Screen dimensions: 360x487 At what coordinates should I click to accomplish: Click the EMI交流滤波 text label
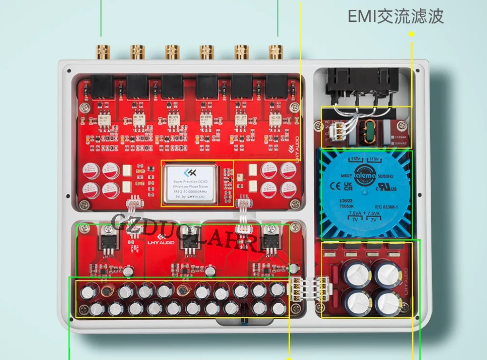396,17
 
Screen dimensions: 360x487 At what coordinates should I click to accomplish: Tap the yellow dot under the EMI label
411,34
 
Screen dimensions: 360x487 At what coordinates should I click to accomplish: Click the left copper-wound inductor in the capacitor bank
107,291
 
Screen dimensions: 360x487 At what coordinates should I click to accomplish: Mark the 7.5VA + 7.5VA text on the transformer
365,214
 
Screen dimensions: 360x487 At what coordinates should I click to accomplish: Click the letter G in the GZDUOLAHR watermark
119,222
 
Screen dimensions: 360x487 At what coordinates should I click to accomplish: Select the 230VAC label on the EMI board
400,143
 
